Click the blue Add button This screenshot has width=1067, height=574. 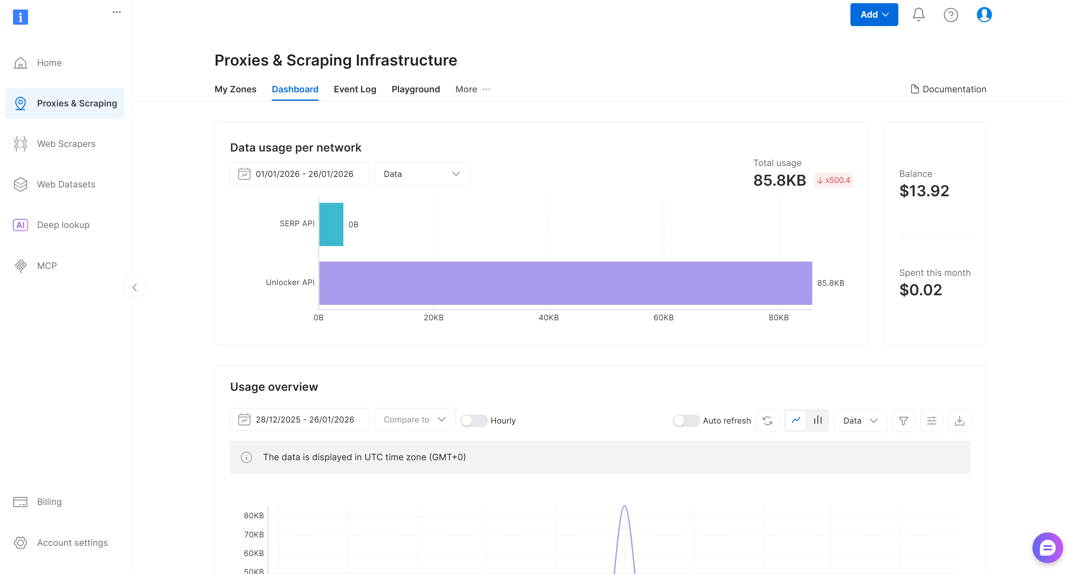coord(874,14)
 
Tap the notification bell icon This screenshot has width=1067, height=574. coord(918,14)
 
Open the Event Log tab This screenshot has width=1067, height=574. coord(355,89)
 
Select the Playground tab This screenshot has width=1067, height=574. coord(416,89)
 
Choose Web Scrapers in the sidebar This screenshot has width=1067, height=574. coord(66,144)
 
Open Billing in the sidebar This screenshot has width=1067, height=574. coord(49,502)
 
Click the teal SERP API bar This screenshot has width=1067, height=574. coord(331,224)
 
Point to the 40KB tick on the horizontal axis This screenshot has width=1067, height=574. coord(548,317)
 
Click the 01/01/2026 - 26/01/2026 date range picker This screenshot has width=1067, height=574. coord(299,174)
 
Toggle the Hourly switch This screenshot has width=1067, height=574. coord(473,421)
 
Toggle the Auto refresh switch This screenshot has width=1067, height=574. coord(686,421)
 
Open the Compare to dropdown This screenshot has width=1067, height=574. coord(414,420)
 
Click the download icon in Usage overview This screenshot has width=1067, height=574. coord(959,421)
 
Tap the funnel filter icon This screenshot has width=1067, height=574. coord(903,421)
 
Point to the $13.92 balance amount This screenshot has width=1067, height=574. coord(924,191)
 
